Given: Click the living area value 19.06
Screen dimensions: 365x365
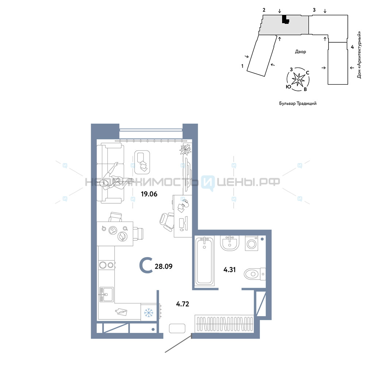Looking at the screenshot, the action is pyautogui.click(x=149, y=194).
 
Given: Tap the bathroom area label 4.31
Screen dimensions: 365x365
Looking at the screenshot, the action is pyautogui.click(x=230, y=270).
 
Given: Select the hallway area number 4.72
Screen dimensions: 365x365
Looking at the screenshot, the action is pyautogui.click(x=182, y=304).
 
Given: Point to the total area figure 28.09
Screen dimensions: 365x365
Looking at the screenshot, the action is pyautogui.click(x=164, y=266).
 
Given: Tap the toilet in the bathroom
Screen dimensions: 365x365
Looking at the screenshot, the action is pyautogui.click(x=255, y=274).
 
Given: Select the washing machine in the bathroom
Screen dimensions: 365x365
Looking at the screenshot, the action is pyautogui.click(x=251, y=243).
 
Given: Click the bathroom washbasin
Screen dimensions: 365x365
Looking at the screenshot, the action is pyautogui.click(x=230, y=243).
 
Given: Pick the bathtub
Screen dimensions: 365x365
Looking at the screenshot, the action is pyautogui.click(x=205, y=261).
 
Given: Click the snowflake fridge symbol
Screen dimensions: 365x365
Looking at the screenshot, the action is pyautogui.click(x=149, y=312).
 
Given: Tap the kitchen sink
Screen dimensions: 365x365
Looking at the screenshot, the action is pyautogui.click(x=106, y=294).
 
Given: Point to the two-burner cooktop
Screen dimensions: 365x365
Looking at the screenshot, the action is pyautogui.click(x=106, y=265).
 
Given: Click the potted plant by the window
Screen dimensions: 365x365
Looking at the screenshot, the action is pyautogui.click(x=185, y=149).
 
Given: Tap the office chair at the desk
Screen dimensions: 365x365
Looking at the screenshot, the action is pyautogui.click(x=167, y=222).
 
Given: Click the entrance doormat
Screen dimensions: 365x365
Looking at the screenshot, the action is pyautogui.click(x=177, y=328).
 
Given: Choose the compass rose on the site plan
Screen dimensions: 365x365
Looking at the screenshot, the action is pyautogui.click(x=298, y=80).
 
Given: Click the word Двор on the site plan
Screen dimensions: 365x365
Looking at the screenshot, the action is pyautogui.click(x=300, y=52).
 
